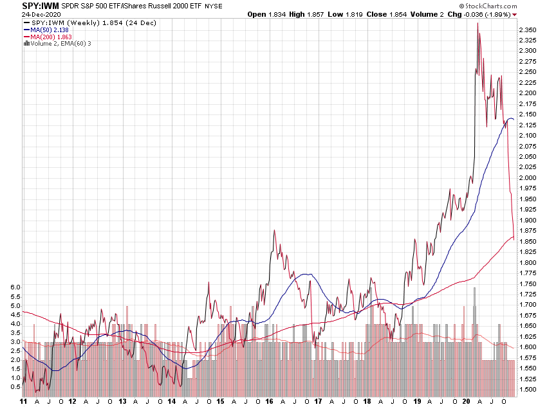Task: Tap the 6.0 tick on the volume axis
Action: click(15, 287)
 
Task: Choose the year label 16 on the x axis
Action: click(268, 401)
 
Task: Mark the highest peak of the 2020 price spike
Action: click(477, 23)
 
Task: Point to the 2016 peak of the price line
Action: click(275, 230)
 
